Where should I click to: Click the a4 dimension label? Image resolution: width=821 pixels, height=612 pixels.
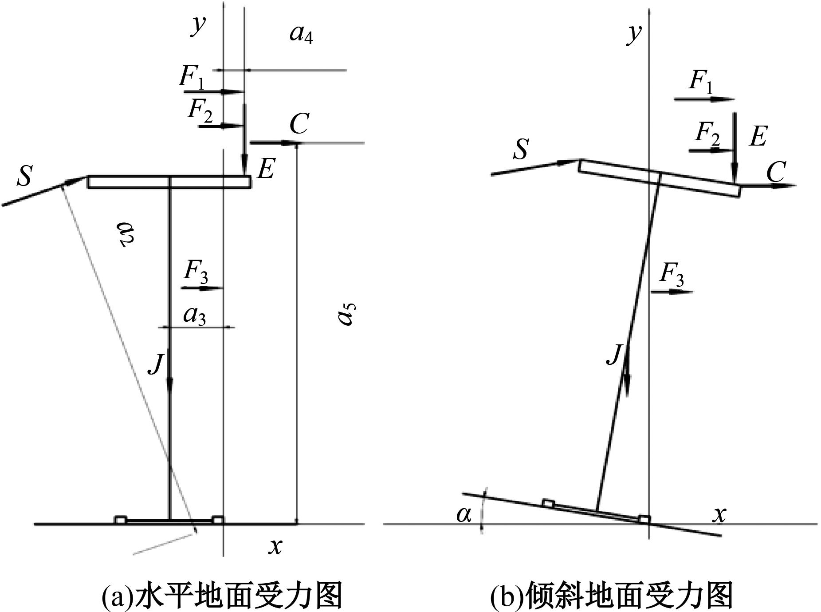[302, 34]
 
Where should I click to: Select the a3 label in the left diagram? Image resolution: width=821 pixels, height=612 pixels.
[195, 316]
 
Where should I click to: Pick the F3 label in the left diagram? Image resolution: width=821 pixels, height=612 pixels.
[196, 271]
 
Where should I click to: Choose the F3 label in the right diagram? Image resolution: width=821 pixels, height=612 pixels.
[672, 275]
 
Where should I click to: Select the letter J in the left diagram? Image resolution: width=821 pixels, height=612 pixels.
[155, 364]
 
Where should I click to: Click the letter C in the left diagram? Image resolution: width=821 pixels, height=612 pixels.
[299, 124]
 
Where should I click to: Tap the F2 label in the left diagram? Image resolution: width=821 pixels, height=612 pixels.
[200, 111]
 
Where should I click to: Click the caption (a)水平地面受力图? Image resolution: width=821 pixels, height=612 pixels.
[222, 596]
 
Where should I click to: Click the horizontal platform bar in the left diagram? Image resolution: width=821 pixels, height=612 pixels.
[169, 182]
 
